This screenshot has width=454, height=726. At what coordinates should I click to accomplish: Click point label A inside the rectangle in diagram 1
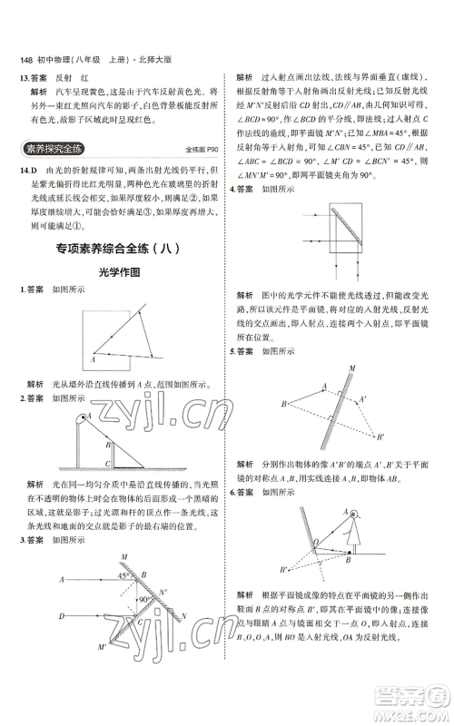[93, 359]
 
